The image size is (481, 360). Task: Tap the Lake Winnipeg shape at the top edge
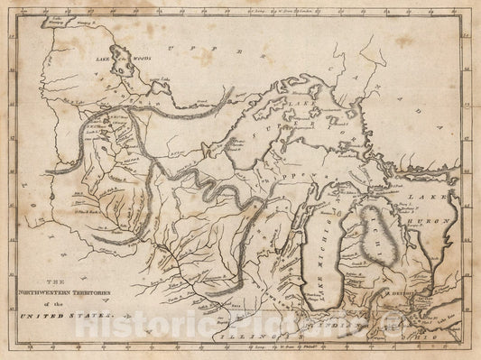pyautogui.click(x=38, y=20)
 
